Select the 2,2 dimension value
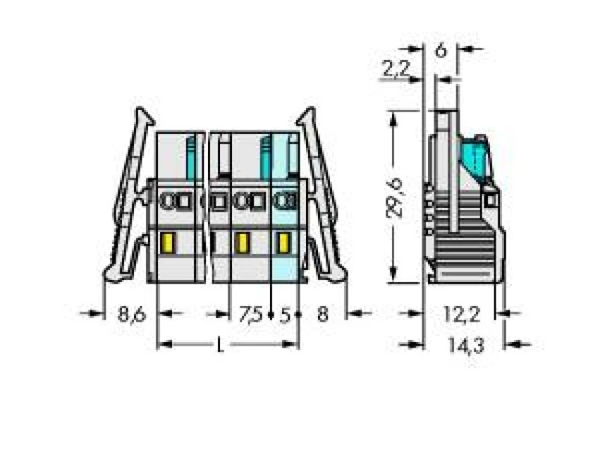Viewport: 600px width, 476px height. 394,69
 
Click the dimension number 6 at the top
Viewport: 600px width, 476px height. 441,50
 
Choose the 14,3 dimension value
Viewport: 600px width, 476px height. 461,346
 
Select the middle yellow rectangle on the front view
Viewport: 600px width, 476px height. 241,243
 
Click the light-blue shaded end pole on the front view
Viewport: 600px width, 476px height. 286,212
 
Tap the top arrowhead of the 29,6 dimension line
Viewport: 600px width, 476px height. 392,115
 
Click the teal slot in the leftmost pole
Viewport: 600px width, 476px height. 190,159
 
